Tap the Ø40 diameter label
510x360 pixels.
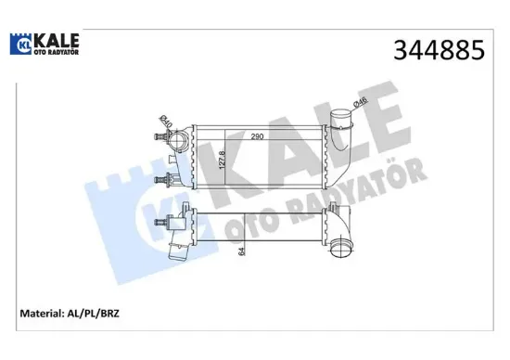(x=162, y=121)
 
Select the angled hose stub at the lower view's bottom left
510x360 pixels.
(x=177, y=253)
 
